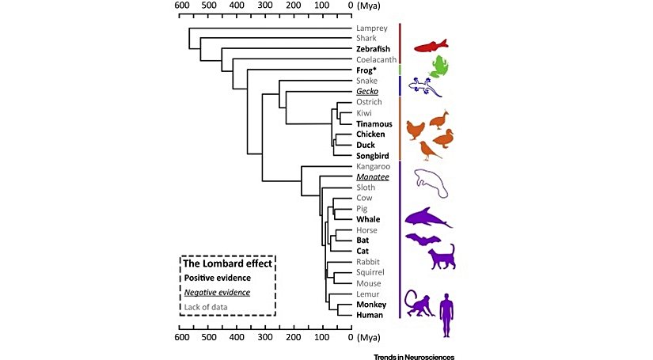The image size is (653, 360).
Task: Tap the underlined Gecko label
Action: [367, 92]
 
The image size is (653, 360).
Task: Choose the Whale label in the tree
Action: [368, 219]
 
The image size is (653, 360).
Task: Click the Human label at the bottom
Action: [370, 315]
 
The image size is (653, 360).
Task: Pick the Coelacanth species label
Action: [377, 59]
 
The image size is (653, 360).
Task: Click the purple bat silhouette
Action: [426, 239]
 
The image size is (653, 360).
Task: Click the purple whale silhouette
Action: [427, 218]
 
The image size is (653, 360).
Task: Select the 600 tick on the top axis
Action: [181, 6]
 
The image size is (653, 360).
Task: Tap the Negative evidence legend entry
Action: [217, 292]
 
